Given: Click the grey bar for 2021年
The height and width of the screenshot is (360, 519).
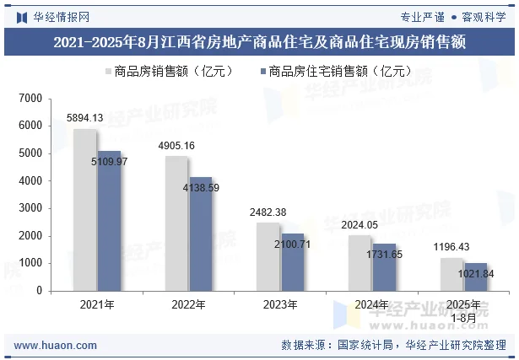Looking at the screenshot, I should coord(84,210).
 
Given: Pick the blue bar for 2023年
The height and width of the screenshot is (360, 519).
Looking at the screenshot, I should coord(292,262).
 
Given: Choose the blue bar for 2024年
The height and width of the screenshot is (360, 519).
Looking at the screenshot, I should coord(384,267).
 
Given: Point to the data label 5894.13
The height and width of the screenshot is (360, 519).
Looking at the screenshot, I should coord(84,118).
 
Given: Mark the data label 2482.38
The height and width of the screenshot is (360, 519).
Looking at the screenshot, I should coord(268,212).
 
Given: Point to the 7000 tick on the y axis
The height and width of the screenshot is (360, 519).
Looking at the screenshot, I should coord(30,99).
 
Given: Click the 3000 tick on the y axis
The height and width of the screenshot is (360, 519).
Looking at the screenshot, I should coord(30,208).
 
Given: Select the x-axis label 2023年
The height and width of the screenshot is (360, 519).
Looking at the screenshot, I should coord(280,304).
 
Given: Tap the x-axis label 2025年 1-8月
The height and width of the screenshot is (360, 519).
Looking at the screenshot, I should coord(463,310).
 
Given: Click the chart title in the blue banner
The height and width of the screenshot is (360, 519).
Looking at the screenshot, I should coord(259,41).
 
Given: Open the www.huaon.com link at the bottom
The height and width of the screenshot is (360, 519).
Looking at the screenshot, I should coord(48,345).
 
